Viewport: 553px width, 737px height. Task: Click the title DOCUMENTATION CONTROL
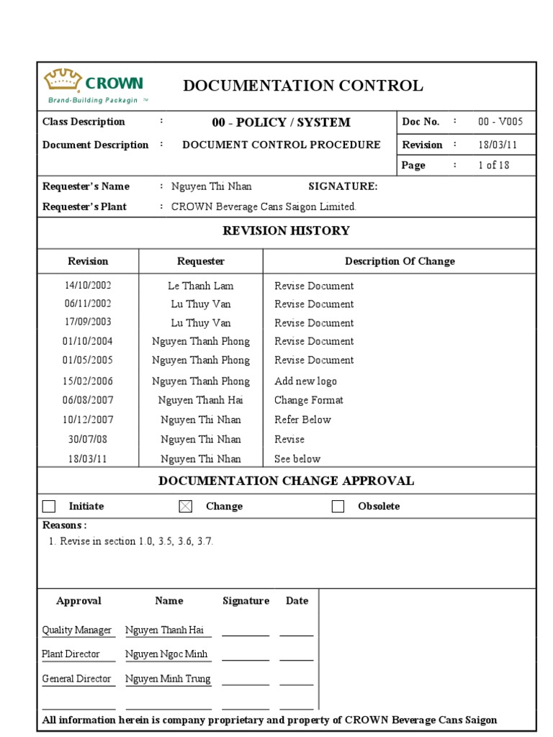tap(303, 86)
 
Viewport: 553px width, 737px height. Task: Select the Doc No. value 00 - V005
tap(500, 122)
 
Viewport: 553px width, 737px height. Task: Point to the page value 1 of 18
tap(493, 165)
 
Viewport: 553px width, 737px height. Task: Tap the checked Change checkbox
tap(186, 507)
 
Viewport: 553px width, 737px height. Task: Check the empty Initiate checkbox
tap(49, 507)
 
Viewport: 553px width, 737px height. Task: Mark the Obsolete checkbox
tap(338, 507)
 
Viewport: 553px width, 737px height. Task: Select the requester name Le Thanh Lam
tap(200, 286)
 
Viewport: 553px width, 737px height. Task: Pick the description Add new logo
tap(305, 381)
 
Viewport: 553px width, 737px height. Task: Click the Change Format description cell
tap(308, 400)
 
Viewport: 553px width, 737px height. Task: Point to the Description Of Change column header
tap(400, 261)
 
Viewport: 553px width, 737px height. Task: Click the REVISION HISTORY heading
tap(286, 231)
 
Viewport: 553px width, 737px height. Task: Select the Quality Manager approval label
tap(76, 630)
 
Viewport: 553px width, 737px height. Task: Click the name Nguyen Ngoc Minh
tap(166, 654)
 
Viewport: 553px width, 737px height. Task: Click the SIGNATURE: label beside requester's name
tap(343, 186)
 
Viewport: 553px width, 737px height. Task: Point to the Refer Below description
tap(302, 420)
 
